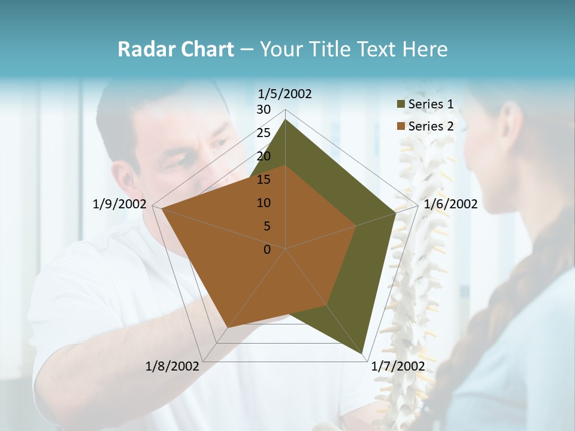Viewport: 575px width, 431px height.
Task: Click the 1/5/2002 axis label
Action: coord(285,93)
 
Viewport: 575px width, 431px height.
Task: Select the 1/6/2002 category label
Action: coord(450,204)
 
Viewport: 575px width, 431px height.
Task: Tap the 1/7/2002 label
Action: coord(398,366)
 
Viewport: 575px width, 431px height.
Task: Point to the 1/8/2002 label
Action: coord(172,366)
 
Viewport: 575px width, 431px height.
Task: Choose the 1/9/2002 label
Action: coord(119,204)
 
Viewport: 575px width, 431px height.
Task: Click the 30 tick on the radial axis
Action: coord(264,110)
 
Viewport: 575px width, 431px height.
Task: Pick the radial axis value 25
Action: coord(264,133)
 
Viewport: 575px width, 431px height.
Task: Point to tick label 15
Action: coord(264,180)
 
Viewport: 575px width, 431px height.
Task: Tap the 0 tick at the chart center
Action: coord(267,250)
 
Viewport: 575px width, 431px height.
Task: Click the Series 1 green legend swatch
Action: coord(401,105)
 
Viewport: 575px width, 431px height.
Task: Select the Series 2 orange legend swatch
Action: coord(401,126)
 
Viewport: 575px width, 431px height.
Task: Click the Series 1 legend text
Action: coord(431,104)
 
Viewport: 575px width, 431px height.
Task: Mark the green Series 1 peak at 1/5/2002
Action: coord(285,120)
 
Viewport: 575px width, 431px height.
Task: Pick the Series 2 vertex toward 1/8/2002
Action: coord(227,327)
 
